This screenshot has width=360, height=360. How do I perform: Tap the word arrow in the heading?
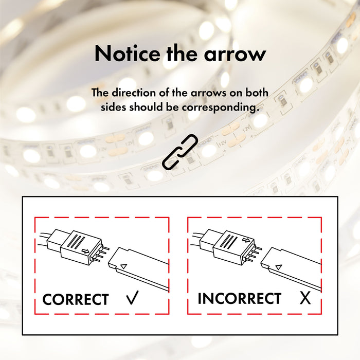235,55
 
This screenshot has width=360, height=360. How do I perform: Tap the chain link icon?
180,152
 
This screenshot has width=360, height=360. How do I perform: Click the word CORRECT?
75,299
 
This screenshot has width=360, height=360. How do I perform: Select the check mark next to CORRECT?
133,298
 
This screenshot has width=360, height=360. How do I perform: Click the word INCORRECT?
240,298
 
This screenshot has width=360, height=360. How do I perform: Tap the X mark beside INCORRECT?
305,298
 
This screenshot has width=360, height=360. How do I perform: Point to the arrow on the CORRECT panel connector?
86,251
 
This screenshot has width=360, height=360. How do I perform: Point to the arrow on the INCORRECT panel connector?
246,240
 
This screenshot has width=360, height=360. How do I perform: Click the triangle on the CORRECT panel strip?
123,266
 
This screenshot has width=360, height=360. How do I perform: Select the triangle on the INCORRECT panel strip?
279,267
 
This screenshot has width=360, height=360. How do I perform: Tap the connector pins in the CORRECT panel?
102,254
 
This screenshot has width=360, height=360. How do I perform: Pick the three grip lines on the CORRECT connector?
76,242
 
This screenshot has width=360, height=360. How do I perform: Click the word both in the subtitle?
257,93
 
